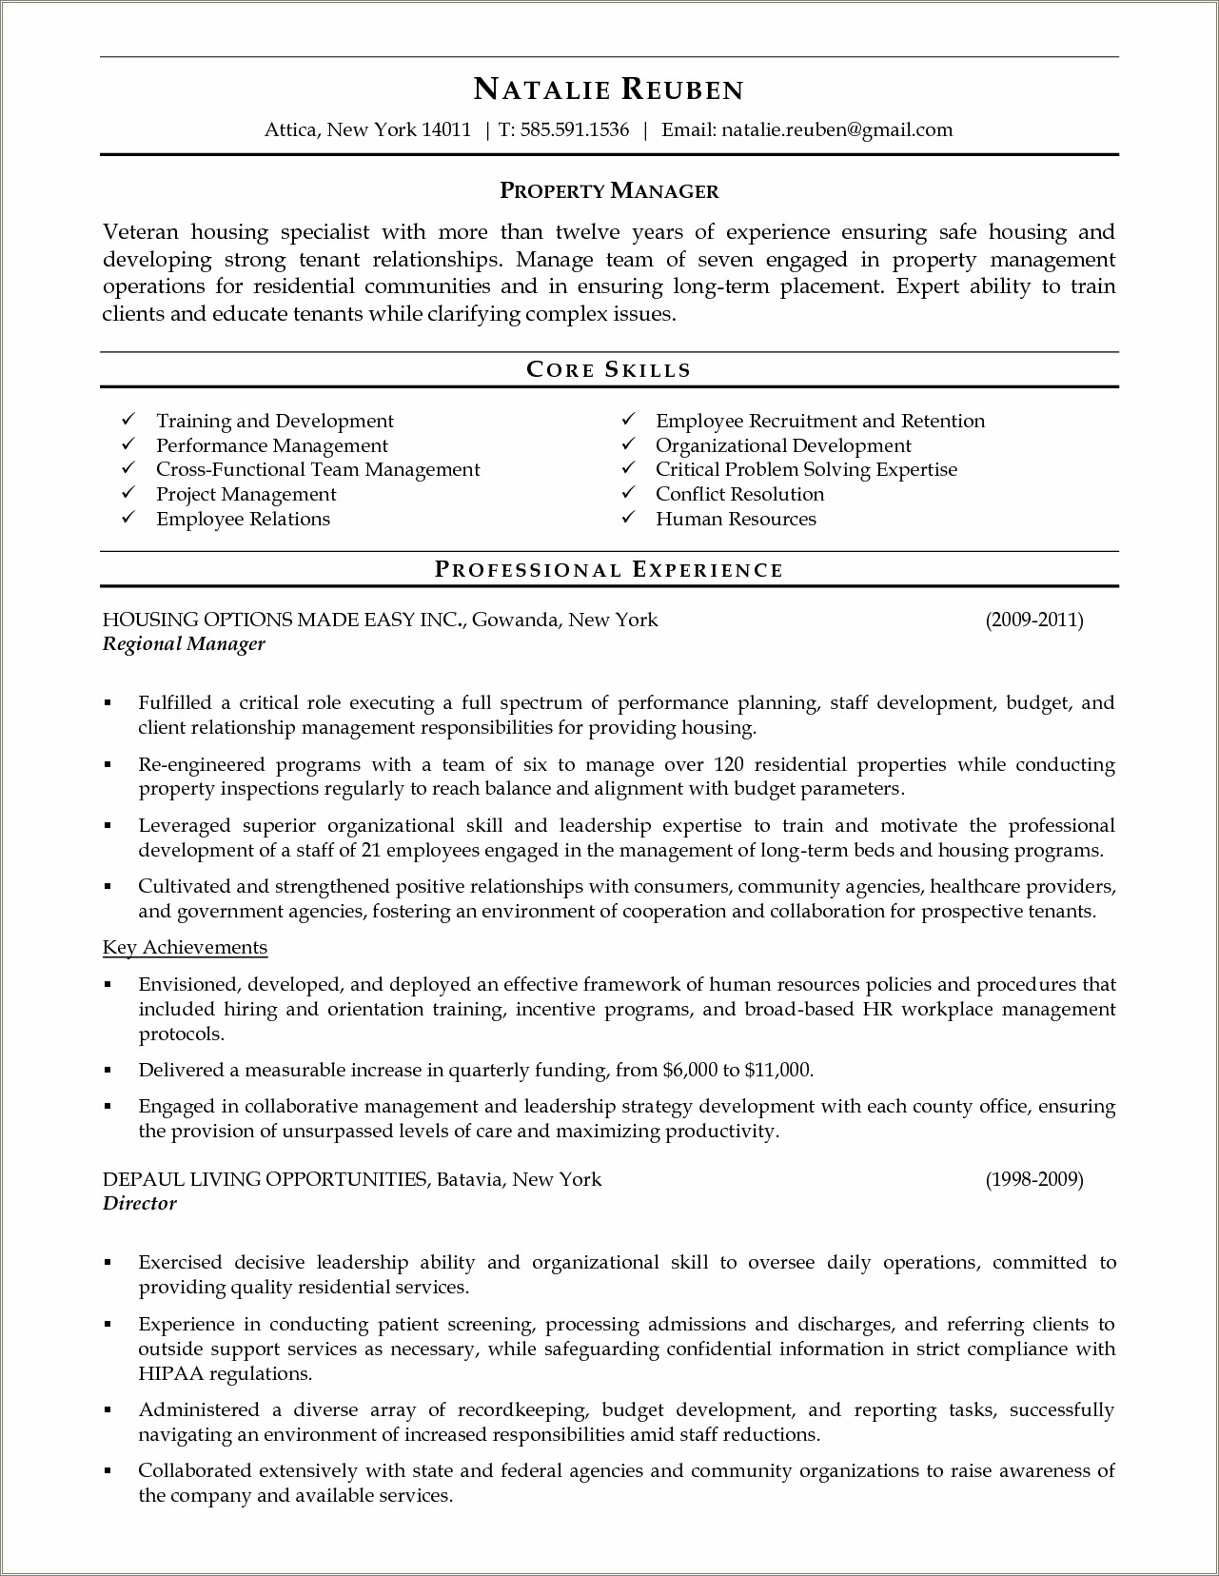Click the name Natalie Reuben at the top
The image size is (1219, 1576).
(609, 89)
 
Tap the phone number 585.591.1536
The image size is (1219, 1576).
(574, 130)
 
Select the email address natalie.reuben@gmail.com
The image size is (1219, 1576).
(836, 130)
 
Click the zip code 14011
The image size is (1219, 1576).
(445, 130)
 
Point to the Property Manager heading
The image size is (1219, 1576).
(609, 191)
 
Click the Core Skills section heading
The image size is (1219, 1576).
(609, 370)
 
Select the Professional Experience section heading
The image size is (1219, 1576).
(609, 570)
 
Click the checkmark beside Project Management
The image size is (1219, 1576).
(128, 493)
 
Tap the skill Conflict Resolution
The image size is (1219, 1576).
(739, 494)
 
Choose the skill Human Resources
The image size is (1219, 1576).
(736, 519)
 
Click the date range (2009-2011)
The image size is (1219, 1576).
(1034, 621)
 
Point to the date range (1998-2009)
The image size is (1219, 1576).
(1034, 1180)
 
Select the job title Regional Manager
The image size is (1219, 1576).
(184, 644)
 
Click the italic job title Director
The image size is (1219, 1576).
(140, 1204)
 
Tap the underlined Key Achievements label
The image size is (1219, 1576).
(185, 948)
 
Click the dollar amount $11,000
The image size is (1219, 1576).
(777, 1071)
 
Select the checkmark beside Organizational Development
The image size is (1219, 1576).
(628, 444)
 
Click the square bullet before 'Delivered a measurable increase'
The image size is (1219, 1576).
(108, 1071)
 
